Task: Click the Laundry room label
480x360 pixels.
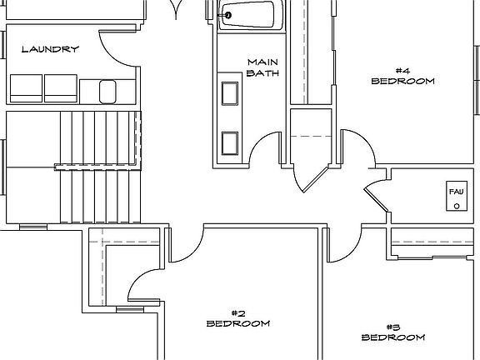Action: (50, 49)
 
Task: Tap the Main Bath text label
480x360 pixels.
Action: (263, 67)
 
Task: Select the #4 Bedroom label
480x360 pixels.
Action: (402, 76)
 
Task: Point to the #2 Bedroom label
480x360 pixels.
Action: (238, 318)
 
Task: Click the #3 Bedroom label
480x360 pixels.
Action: (393, 332)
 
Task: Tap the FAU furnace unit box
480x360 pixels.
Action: (457, 196)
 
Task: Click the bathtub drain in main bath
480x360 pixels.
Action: (227, 15)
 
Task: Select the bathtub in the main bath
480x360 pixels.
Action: (251, 15)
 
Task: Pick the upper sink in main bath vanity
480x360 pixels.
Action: (230, 93)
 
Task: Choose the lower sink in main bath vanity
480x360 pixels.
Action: (230, 143)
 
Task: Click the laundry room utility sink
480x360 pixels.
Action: (107, 92)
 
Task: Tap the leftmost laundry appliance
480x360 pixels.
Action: (27, 88)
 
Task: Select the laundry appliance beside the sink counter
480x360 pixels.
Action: (61, 88)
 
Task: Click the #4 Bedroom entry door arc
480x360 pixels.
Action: (365, 141)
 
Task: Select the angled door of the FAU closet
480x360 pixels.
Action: (376, 200)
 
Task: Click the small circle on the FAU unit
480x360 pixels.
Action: (457, 206)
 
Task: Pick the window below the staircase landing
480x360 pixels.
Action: (33, 227)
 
